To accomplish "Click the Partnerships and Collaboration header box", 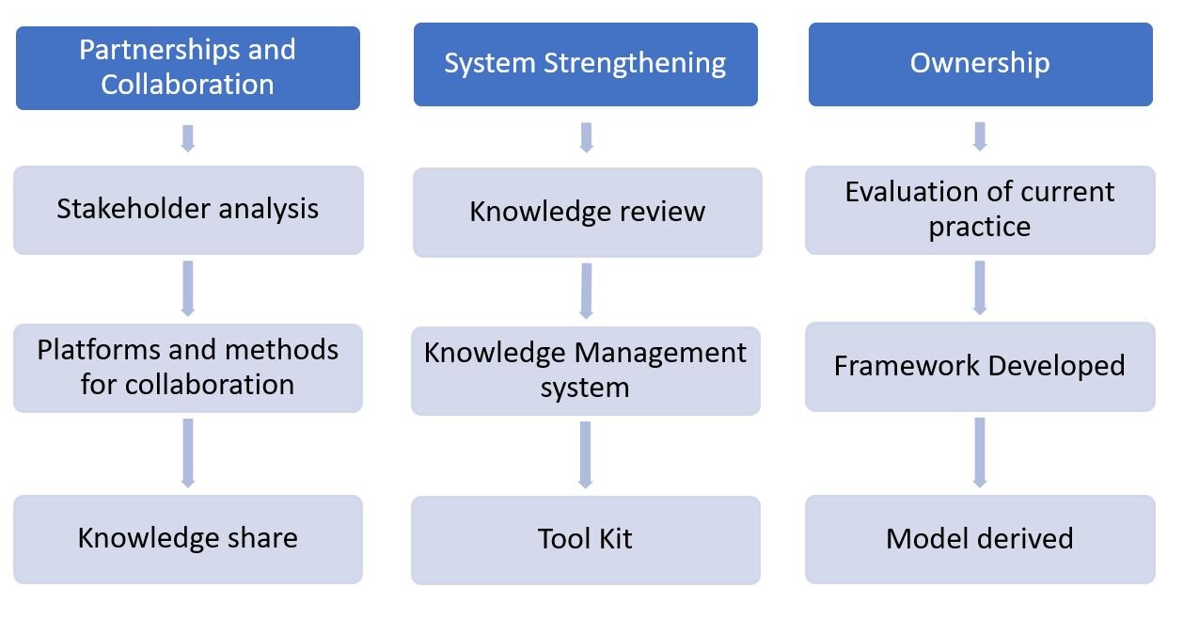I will coord(188,68).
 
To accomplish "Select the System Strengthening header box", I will coord(585,64).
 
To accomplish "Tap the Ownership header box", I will coord(980,64).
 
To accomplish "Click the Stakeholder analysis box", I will coord(188,210).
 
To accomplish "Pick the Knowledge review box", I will coord(587,212).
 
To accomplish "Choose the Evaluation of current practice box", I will coord(980,210).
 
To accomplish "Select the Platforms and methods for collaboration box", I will coord(188,368).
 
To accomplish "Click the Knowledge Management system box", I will coord(585,370).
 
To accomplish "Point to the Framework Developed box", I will coord(980,366).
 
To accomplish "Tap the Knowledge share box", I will coord(188,539).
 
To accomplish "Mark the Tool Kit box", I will coord(585,540).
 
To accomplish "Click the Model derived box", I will coord(980,539).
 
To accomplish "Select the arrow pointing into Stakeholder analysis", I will coord(188,137).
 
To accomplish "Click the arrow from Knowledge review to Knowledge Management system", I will coord(587,291).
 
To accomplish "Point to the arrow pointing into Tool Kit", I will coord(585,454).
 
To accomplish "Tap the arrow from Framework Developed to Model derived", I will coord(980,452).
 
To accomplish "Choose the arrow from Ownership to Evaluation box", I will coord(980,135).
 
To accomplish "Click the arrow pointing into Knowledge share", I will coord(188,452).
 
